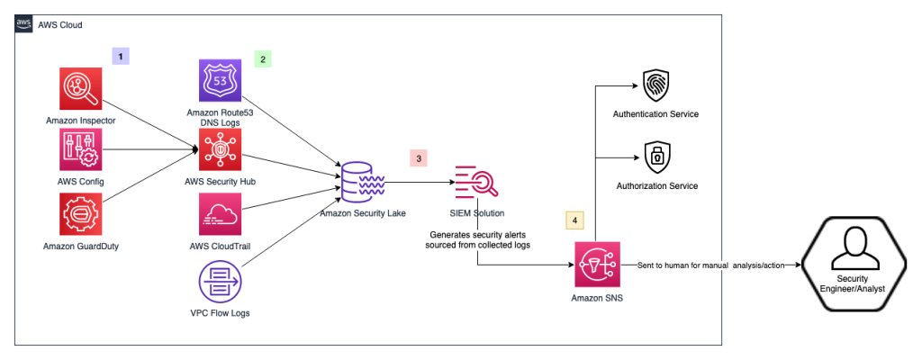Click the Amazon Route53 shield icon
click(220, 81)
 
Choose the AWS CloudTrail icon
click(221, 216)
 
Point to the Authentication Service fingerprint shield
click(655, 85)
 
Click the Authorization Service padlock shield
click(655, 158)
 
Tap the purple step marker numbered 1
click(121, 56)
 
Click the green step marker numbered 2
click(263, 59)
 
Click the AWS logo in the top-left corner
click(24, 24)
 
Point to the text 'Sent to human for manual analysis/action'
click(709, 265)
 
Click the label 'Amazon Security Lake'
click(360, 212)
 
